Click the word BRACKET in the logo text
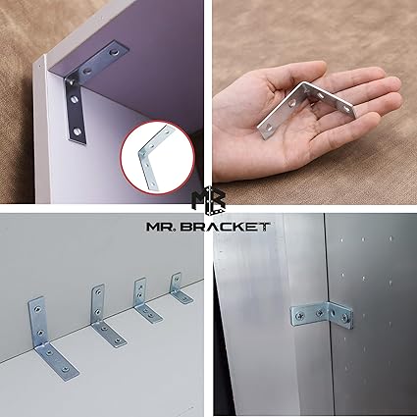coord(226,227)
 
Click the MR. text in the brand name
coord(161,227)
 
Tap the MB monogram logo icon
coord(209,202)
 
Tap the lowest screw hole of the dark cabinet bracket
coord(77,131)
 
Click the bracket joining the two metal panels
coord(322,315)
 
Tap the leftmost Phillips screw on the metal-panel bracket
coord(300,316)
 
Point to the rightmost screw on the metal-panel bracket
coord(345,316)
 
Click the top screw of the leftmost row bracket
coord(37,309)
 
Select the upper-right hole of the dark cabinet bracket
coord(115,52)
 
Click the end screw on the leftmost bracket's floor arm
coord(66,369)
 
